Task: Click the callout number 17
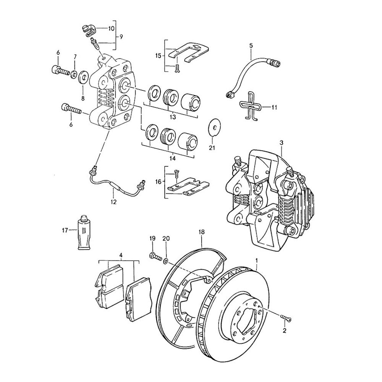(65, 230)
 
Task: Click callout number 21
(212, 148)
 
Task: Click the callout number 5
(251, 46)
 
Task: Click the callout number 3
(281, 143)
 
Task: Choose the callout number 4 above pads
(121, 255)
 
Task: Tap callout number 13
(172, 116)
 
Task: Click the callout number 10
(111, 29)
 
